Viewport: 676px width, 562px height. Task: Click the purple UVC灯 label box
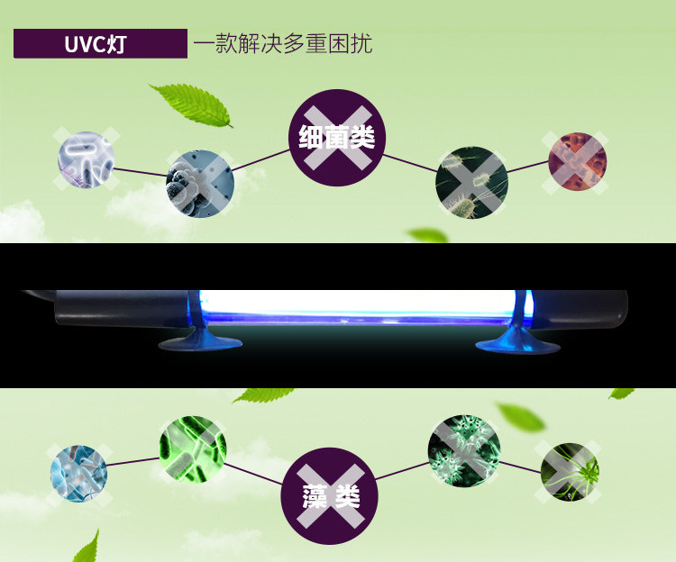coord(100,43)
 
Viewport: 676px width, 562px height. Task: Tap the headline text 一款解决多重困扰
coord(282,43)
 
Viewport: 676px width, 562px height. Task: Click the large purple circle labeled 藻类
coord(331,494)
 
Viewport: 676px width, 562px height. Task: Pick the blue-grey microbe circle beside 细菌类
coord(200,184)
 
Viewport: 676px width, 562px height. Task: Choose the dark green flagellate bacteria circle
coord(472,184)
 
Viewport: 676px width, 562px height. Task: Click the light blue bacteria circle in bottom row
coord(78,474)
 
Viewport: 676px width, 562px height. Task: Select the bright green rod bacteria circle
coord(193,447)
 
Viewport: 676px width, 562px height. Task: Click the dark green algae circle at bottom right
coord(570,472)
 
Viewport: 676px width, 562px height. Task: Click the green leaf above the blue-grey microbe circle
coord(191,104)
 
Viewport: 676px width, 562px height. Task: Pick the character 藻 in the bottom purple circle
coord(315,495)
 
